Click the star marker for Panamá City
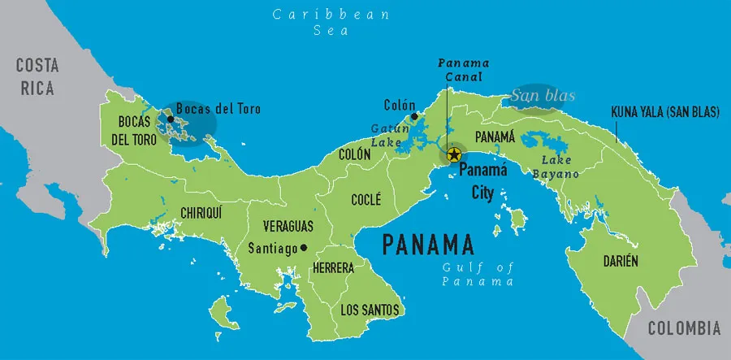pos(454,154)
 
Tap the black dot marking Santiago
pos(304,248)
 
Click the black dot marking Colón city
pos(414,117)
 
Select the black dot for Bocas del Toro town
pos(171,119)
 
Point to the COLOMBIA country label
pos(683,328)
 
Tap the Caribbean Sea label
pos(331,23)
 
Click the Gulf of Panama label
pos(478,275)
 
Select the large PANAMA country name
pos(427,244)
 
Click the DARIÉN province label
pos(620,261)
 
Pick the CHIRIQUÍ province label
pos(202,213)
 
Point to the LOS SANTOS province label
pos(370,309)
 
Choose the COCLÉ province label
pos(365,199)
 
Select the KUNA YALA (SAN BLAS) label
pos(664,113)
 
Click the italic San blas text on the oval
pos(542,97)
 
